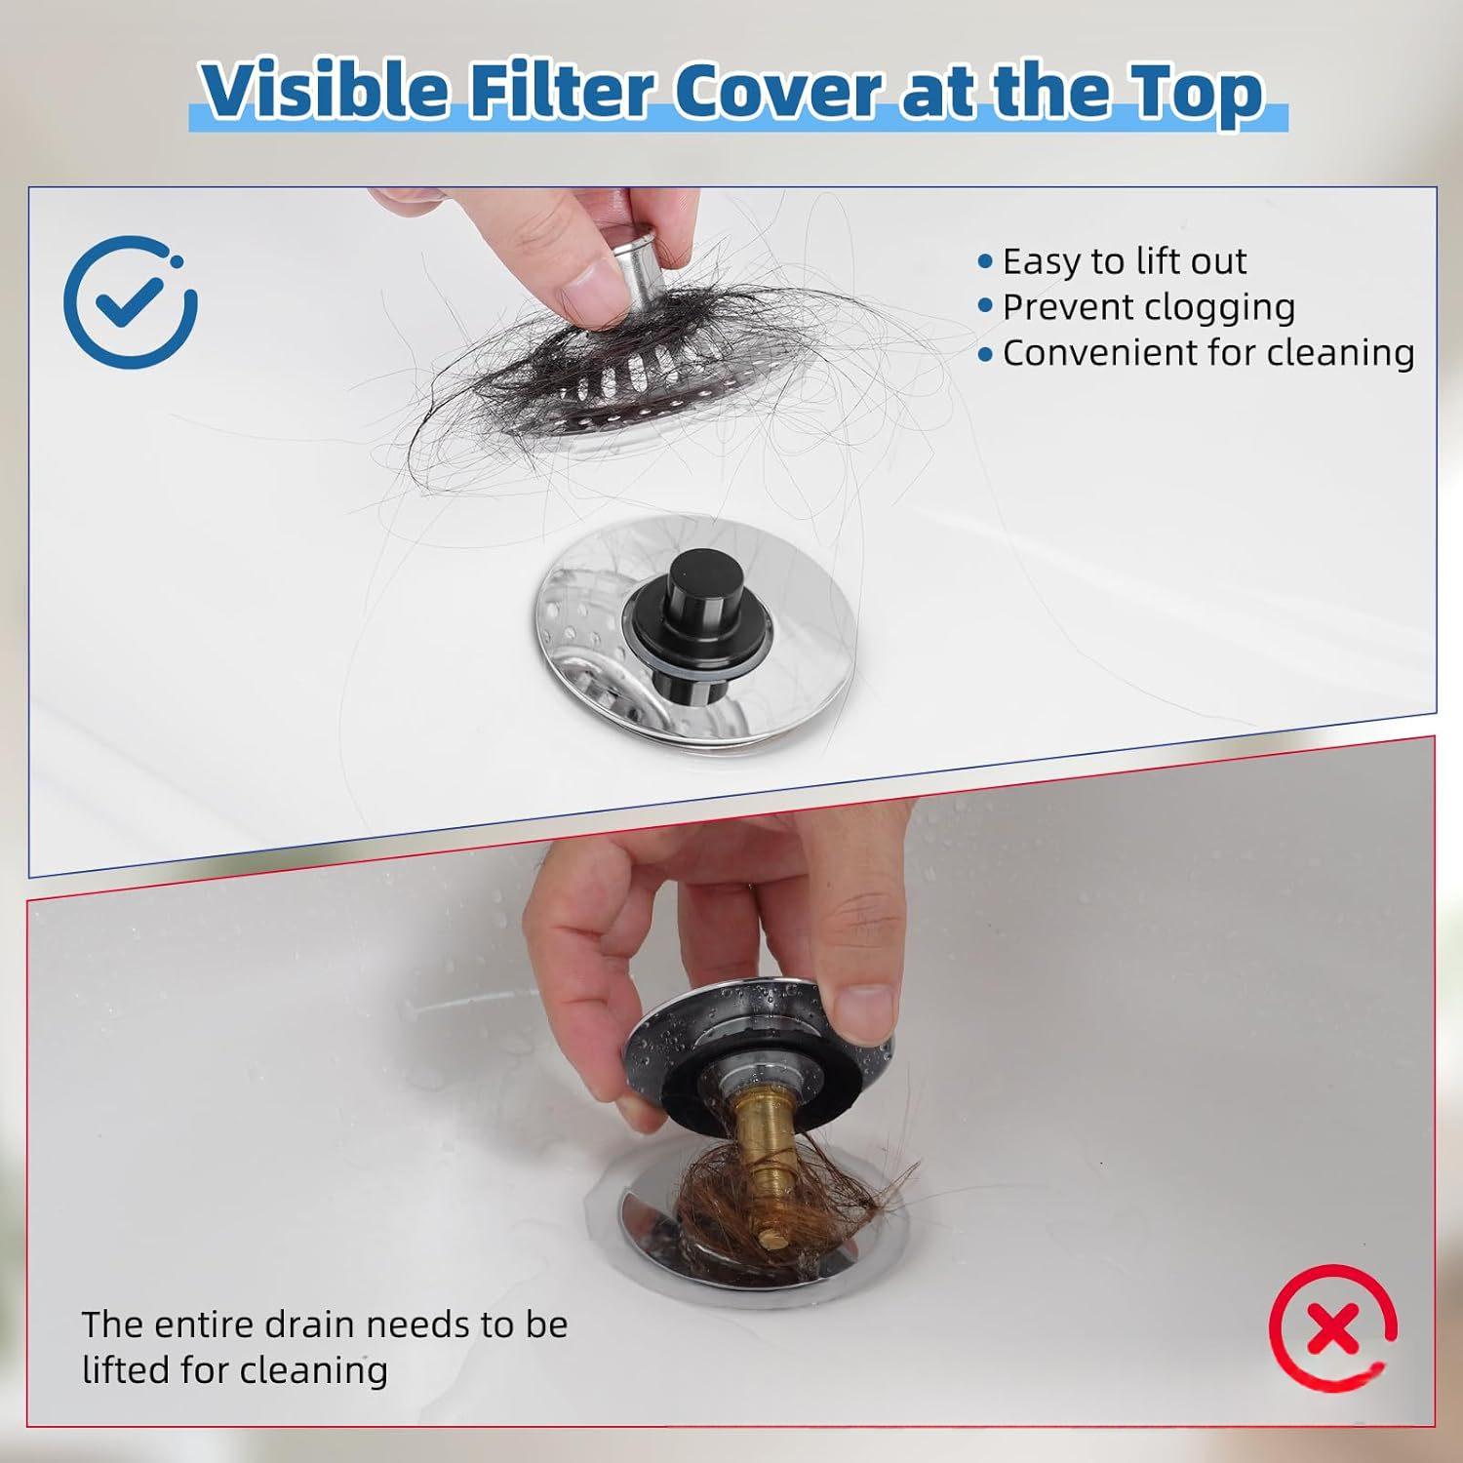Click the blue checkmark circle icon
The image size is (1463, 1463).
[x=130, y=302]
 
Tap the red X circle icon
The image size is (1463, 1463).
[x=1333, y=1332]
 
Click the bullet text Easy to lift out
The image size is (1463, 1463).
[x=1125, y=261]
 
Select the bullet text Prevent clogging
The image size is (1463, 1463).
[x=1149, y=307]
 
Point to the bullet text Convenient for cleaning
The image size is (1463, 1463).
[x=1208, y=353]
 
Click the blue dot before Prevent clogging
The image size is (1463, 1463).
[x=985, y=306]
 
